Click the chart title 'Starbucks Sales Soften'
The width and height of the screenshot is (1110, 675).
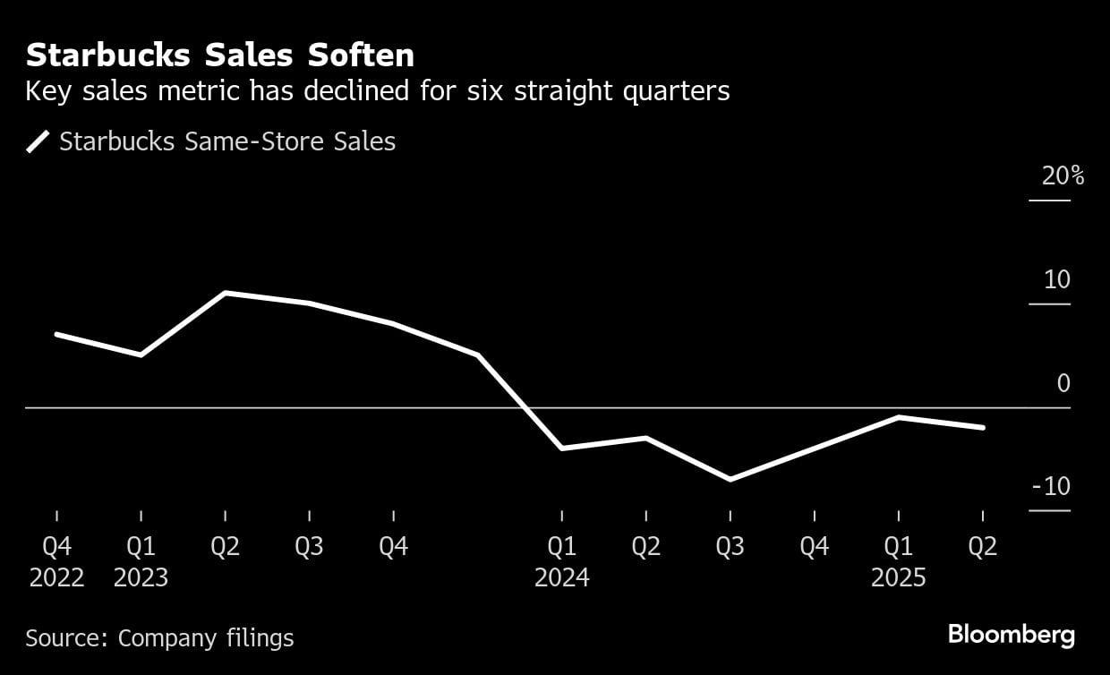(220, 56)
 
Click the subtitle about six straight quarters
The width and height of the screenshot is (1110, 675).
(377, 91)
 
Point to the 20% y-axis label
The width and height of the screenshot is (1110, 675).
(1063, 176)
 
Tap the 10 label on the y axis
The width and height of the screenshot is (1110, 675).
(1057, 280)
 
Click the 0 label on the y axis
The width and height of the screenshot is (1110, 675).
(1063, 383)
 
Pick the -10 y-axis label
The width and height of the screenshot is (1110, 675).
(1051, 487)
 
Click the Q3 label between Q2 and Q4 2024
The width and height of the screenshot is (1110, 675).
(730, 546)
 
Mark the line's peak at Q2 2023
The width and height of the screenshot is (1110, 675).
(225, 293)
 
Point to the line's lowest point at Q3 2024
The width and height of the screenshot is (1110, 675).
(730, 480)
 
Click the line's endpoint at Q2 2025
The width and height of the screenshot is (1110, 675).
(983, 428)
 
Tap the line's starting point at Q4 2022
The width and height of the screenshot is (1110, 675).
(56, 334)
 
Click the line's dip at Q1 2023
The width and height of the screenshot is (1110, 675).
(141, 355)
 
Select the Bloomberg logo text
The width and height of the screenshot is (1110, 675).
(1011, 636)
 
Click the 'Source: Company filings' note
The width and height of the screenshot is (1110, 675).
(159, 638)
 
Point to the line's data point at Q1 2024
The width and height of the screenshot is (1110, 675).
(561, 448)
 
